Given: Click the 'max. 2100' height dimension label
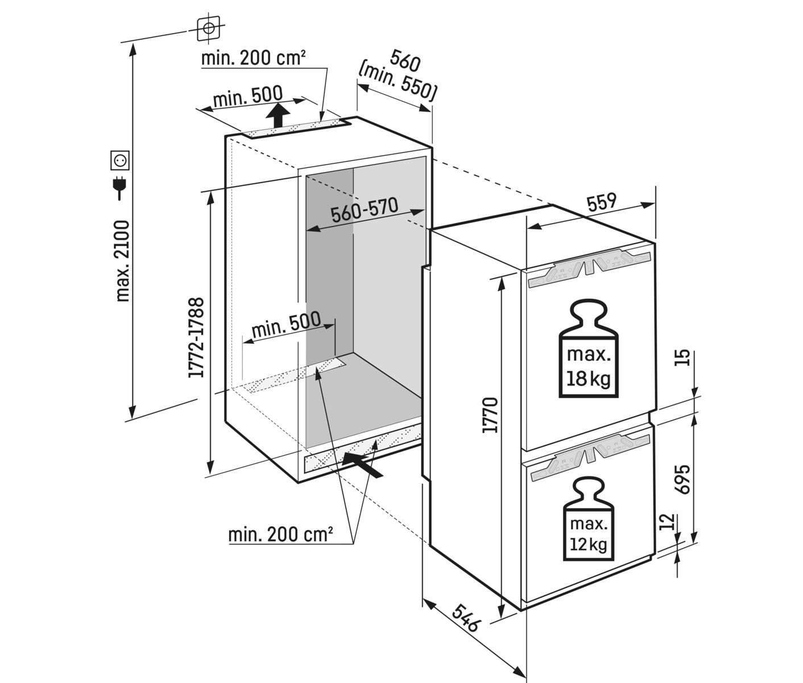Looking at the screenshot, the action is click(123, 261).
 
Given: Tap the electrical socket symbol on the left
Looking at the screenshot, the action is click(119, 160).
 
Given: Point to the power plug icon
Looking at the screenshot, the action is click(119, 188).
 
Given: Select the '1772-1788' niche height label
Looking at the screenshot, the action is click(196, 338).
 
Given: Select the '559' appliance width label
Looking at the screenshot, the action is click(602, 203).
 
